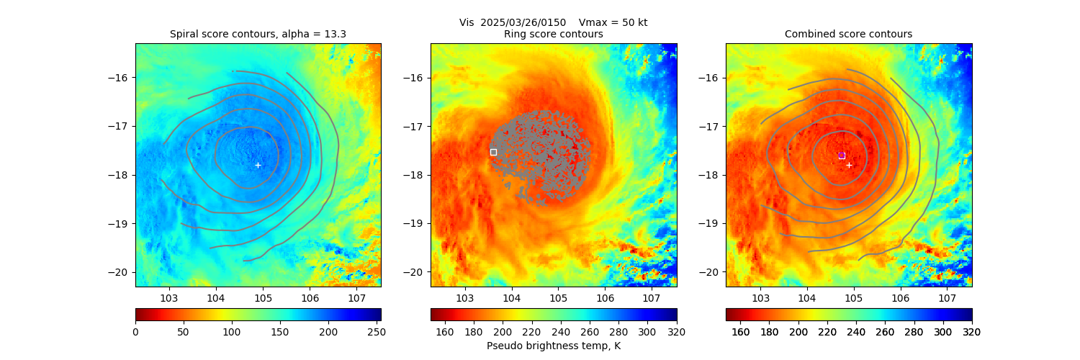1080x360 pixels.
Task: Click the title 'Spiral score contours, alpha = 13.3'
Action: [x=258, y=34]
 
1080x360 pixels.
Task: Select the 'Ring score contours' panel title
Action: [x=553, y=34]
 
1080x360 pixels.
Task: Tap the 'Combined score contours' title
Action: [x=848, y=34]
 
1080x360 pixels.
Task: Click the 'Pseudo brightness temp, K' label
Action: [x=553, y=346]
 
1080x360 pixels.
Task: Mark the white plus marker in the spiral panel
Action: [x=258, y=165]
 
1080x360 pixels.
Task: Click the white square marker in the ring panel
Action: [x=493, y=152]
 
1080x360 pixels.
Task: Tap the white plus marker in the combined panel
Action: [x=849, y=165]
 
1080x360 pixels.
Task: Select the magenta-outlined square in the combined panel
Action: [x=842, y=156]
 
